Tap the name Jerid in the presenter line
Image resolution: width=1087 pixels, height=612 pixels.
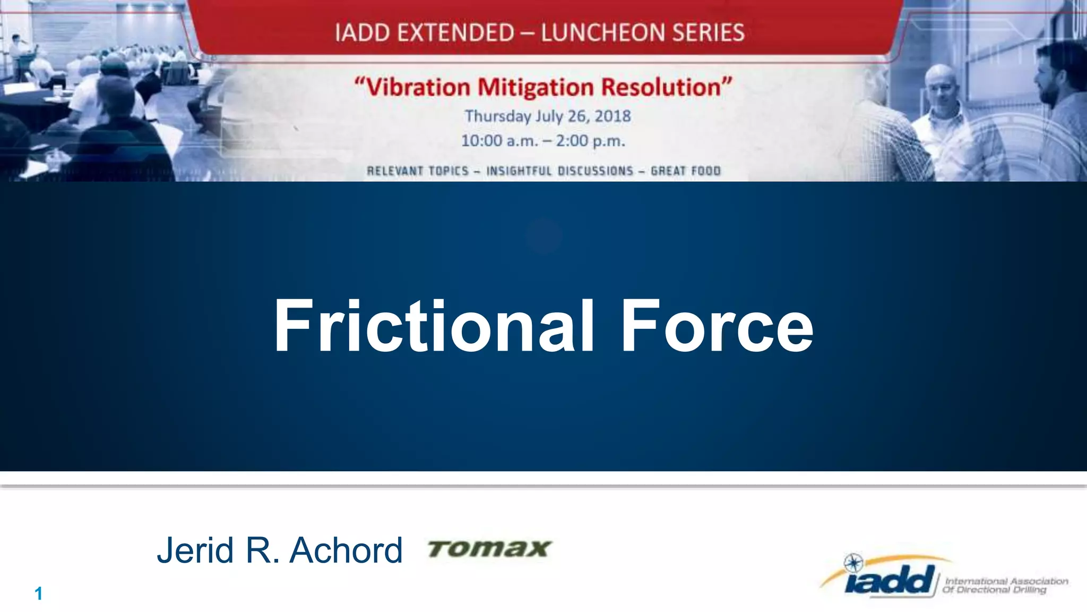(x=195, y=550)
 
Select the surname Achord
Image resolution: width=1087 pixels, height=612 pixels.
(x=346, y=550)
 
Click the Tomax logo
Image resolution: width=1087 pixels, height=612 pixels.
(x=489, y=549)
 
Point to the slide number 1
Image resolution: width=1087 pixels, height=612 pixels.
(x=38, y=593)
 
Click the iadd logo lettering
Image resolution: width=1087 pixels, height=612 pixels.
(x=890, y=581)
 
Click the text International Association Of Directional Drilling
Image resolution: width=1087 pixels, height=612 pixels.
(x=1005, y=585)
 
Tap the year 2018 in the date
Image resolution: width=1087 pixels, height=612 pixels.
(x=612, y=116)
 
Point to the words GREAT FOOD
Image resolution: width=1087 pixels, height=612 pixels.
(x=685, y=171)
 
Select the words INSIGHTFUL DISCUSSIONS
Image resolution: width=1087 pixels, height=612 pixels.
(x=560, y=171)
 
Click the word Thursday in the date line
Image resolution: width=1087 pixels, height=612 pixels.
(x=497, y=116)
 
